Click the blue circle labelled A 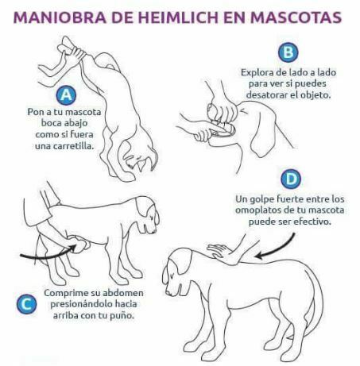pyautogui.click(x=66, y=94)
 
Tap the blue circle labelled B pyautogui.click(x=288, y=52)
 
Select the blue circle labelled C pyautogui.click(x=26, y=304)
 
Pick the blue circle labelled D pyautogui.click(x=291, y=179)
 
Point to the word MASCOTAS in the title pyautogui.click(x=296, y=17)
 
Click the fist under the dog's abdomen pyautogui.click(x=79, y=245)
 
